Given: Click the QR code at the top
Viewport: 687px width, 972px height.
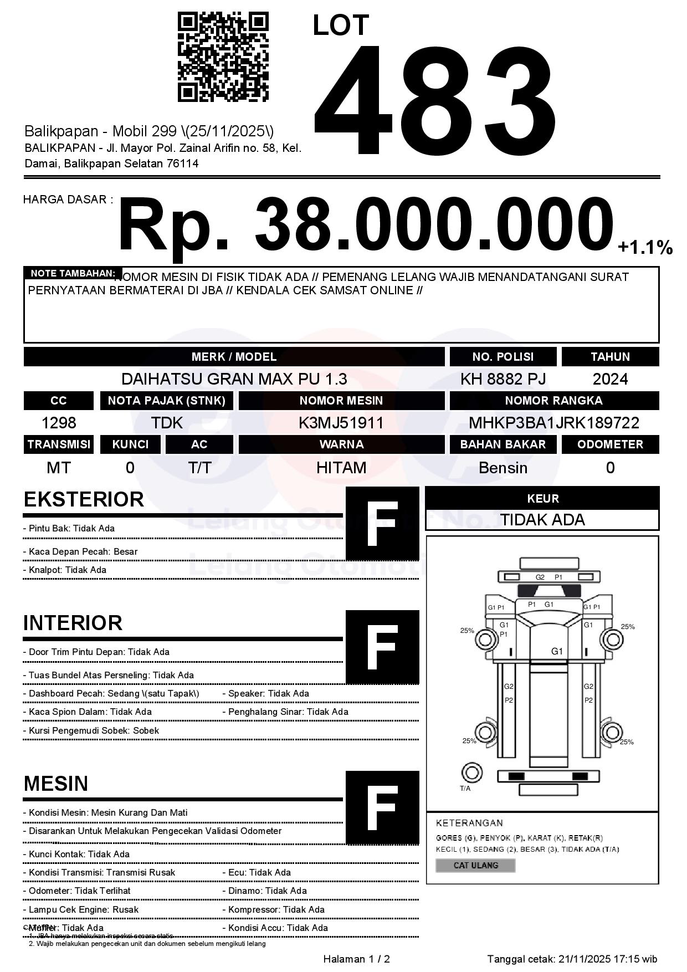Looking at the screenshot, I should (223, 57).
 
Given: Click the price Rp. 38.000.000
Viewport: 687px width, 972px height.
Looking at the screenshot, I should (366, 224).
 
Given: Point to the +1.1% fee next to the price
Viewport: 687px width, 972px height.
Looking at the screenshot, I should (645, 247).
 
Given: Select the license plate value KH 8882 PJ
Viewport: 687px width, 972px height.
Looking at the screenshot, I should (503, 379).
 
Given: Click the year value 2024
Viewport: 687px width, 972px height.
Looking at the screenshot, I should (610, 379).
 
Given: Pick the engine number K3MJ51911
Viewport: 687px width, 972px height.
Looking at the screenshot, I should (341, 423).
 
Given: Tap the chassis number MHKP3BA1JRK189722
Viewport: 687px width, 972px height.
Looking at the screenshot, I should (553, 423).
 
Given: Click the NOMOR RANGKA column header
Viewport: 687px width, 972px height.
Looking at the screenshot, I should (553, 401).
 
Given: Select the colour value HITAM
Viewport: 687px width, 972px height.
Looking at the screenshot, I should (341, 468).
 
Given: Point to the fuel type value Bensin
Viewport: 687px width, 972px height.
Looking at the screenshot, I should (503, 468).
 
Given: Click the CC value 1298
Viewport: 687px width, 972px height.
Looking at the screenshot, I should (59, 423).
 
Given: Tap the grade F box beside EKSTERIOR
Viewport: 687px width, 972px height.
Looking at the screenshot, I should (382, 524).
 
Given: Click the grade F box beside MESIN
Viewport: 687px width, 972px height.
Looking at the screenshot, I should (382, 807).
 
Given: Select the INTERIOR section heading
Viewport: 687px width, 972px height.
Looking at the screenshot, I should (73, 623).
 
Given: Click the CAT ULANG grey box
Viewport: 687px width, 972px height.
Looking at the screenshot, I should (475, 865).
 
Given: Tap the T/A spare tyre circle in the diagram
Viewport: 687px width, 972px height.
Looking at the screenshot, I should (471, 772).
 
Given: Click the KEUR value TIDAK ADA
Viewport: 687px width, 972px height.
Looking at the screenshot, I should (542, 520).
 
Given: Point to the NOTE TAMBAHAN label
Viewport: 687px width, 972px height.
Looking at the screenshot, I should (73, 273).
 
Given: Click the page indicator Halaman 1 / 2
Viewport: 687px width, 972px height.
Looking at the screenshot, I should (356, 959).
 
